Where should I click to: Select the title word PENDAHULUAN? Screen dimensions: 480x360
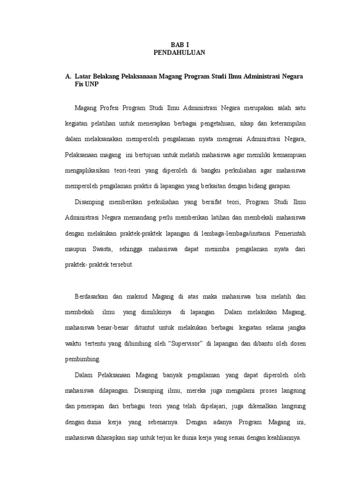[180, 53]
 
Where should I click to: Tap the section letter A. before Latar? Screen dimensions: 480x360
[68, 76]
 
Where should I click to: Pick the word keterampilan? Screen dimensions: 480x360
[279, 124]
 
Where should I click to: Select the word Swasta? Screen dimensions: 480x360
[100, 249]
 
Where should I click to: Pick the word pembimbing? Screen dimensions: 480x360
[82, 359]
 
